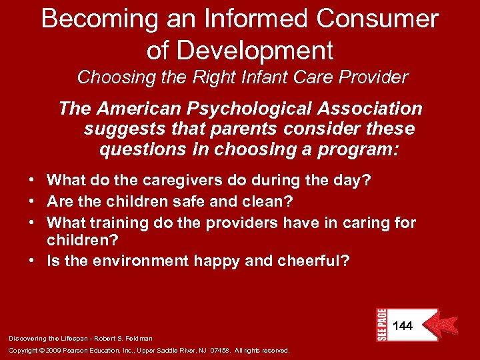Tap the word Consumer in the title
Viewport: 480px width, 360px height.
(377, 19)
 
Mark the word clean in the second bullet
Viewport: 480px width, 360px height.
(271, 200)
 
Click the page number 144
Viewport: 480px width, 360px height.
(403, 326)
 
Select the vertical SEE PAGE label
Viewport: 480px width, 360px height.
(381, 325)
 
